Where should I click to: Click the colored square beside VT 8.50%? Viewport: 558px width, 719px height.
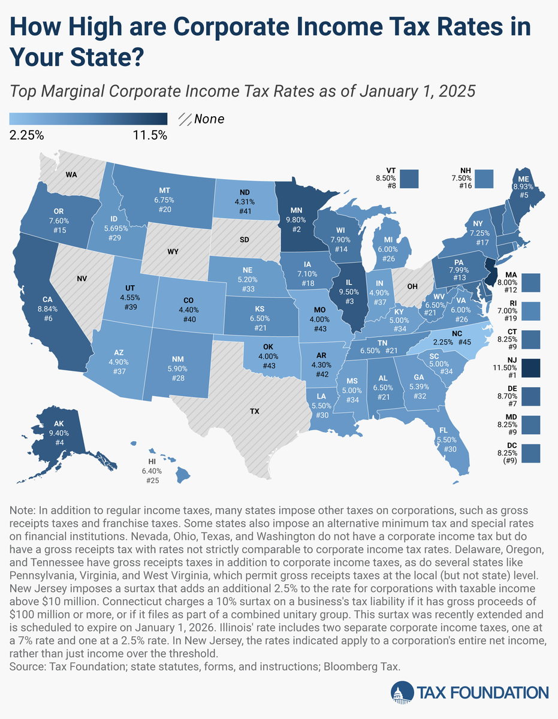(409, 178)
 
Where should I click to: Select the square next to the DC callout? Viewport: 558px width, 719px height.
(531, 452)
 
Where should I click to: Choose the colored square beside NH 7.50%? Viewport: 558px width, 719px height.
(484, 178)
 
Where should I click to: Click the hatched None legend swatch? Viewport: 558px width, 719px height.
(185, 119)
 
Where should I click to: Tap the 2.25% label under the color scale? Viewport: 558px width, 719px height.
(27, 135)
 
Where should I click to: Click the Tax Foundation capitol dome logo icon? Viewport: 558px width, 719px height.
(401, 692)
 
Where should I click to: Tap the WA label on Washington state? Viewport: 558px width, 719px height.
(72, 175)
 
